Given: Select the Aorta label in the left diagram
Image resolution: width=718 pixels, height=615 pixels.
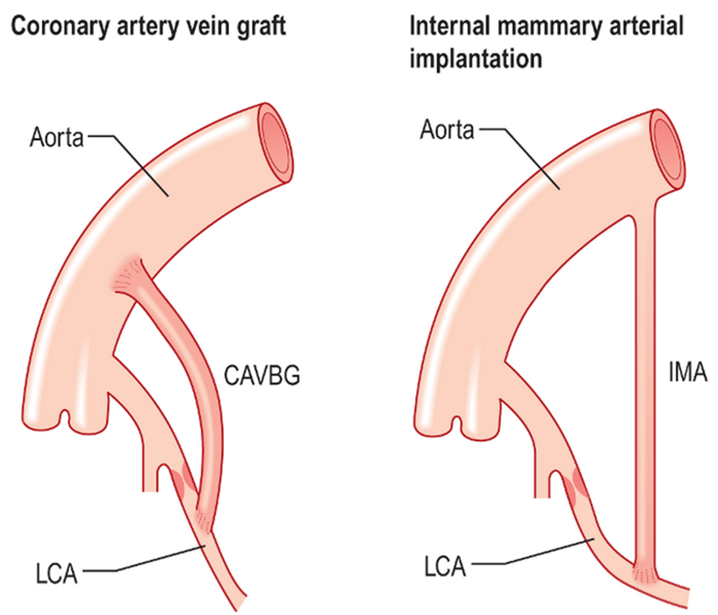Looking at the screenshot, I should (55, 137).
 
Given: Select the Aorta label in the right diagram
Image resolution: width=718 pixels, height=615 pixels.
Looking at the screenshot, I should (447, 130).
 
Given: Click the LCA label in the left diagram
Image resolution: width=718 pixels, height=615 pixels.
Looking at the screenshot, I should (56, 575).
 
